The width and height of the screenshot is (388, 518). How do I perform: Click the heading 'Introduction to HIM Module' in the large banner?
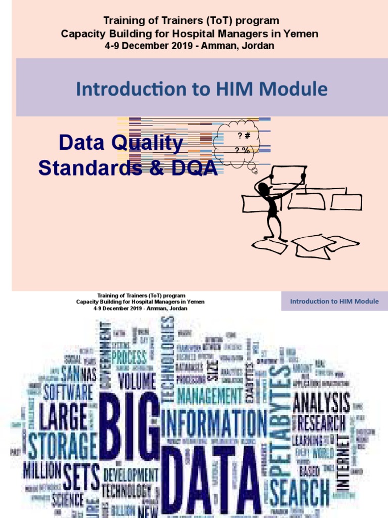tap(202, 89)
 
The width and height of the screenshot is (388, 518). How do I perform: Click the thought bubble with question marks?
tap(236, 143)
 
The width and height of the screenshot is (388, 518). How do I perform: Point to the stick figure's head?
tap(263, 189)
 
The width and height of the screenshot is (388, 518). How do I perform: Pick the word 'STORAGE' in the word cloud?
tap(63, 446)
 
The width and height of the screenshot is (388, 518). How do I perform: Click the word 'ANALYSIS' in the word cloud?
tap(321, 403)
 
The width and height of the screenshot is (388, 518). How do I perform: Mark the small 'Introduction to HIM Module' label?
tap(334, 301)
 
